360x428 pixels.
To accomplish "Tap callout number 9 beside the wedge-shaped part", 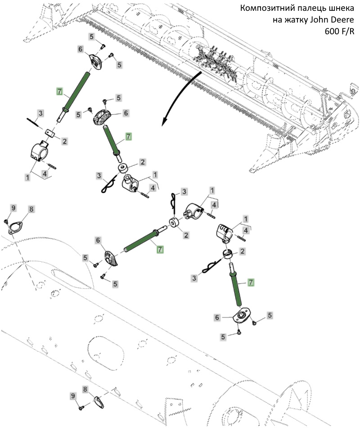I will coord(73,396).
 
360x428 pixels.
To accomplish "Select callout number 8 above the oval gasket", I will coord(31,209).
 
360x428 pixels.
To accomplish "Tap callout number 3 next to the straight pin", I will coord(40,112).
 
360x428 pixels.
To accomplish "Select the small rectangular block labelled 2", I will coord(50,134).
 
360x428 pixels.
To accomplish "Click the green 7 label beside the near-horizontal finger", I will coord(160,249).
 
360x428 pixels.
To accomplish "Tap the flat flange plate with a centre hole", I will coord(240,316).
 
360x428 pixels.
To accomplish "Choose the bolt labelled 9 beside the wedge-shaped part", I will coord(81,407).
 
